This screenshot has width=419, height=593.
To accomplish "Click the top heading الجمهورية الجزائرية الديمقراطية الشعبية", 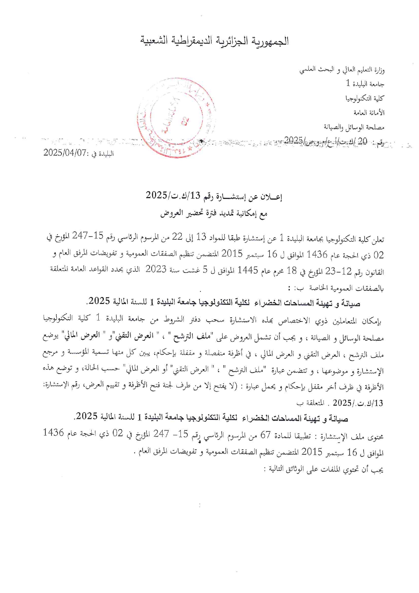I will point(215,41).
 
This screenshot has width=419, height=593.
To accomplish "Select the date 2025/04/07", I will point(65,153).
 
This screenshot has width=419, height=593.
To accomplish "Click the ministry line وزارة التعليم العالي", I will point(342,70).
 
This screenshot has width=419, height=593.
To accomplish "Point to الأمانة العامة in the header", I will point(369,113).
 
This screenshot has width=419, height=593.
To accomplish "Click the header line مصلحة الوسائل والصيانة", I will point(354,127).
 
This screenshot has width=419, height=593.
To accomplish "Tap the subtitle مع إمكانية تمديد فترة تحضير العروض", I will point(214,214).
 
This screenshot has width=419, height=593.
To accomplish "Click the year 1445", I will point(248,270).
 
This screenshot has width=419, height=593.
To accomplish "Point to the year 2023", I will point(156,270).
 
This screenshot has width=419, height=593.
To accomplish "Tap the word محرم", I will point(274,270).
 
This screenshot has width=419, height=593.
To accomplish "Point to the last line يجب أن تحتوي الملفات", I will point(323,470).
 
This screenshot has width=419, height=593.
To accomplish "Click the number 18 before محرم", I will point(291,270).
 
